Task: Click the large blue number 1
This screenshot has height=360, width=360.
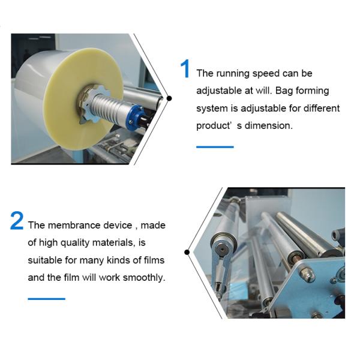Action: coord(185,70)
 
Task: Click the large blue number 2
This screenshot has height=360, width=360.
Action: coord(17,221)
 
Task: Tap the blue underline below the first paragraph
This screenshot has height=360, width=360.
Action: coord(215,146)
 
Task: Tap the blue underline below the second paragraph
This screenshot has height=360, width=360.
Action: coord(46,298)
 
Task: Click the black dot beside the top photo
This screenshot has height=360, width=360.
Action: coord(169,98)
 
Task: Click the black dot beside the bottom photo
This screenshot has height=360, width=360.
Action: coord(187,253)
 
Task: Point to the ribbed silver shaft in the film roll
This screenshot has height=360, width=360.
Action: coord(110,105)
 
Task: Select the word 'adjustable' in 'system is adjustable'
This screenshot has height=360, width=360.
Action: coord(259,109)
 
